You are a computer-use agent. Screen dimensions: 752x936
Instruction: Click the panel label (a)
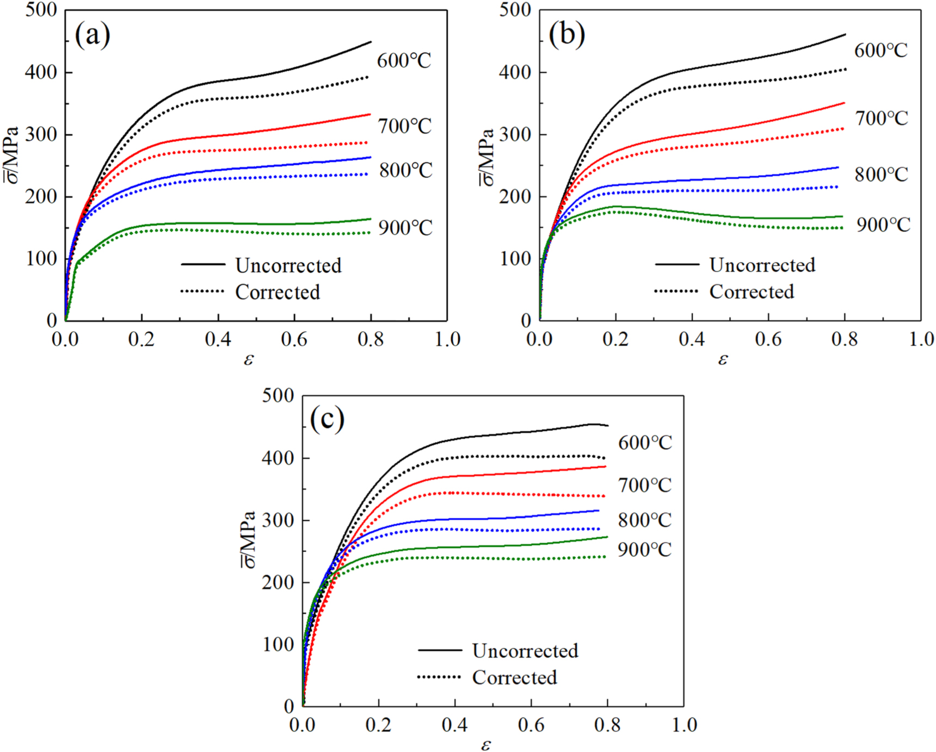click(x=93, y=36)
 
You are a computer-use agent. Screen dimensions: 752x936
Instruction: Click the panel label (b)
click(x=567, y=35)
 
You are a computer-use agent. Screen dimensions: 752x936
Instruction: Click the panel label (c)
click(x=327, y=419)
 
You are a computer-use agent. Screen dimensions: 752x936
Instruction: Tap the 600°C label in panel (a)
click(x=404, y=60)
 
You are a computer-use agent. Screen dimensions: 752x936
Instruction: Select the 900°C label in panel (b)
click(x=883, y=225)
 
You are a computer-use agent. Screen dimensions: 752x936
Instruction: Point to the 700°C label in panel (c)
click(x=645, y=485)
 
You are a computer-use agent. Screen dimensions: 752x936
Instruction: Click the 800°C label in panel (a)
click(x=406, y=170)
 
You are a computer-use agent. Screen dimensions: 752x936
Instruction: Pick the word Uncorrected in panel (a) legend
click(x=288, y=265)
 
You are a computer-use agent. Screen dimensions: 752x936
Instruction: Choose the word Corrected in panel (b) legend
click(x=751, y=292)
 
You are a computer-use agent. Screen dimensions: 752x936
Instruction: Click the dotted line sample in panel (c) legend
click(x=439, y=677)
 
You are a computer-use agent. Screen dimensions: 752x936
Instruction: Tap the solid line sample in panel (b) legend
click(x=677, y=264)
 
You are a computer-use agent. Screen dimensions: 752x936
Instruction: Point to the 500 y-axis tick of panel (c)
click(x=278, y=395)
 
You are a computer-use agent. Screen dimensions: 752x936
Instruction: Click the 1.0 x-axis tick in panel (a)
click(x=447, y=340)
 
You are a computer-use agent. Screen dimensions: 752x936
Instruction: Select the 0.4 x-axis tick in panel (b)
click(x=692, y=340)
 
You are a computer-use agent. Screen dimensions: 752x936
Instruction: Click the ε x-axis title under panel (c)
click(x=486, y=744)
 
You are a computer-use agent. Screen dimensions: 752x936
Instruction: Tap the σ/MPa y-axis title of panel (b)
click(x=487, y=158)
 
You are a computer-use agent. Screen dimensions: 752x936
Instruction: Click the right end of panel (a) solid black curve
click(x=371, y=42)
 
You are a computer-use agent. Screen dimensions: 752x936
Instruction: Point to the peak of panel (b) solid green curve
click(x=616, y=206)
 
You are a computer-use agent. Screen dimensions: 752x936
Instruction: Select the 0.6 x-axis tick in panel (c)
click(x=531, y=725)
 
